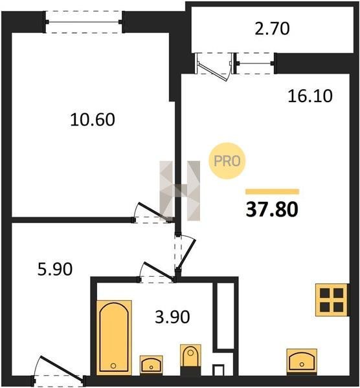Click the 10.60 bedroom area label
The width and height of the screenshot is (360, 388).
click(93, 120)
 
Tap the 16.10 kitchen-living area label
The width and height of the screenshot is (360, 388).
click(310, 96)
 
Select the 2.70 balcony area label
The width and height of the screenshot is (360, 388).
click(272, 28)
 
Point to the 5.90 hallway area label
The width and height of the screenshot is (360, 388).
click(55, 269)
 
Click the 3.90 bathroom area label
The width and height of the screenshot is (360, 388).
click(172, 317)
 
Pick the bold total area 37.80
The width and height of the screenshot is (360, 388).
click(272, 210)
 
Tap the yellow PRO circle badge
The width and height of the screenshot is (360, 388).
click(227, 161)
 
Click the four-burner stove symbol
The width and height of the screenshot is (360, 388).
click(332, 299)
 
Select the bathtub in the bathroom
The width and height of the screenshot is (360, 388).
click(114, 338)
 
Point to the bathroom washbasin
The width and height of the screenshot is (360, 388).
click(151, 365)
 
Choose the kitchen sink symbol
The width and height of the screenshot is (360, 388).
click(302, 361)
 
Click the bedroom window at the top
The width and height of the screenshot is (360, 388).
click(84, 22)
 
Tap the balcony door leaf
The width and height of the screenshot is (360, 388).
click(213, 72)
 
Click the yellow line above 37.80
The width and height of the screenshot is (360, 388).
click(273, 191)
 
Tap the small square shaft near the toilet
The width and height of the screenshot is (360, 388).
click(219, 371)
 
